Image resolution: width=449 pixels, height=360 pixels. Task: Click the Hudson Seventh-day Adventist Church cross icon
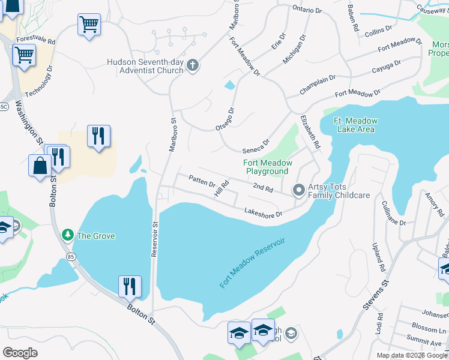pyautogui.click(x=193, y=65)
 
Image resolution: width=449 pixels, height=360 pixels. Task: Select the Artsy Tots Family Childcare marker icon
pyautogui.click(x=298, y=191)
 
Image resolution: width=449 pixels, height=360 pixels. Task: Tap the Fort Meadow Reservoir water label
pyautogui.click(x=252, y=262)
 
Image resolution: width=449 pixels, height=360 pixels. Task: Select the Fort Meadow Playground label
pyautogui.click(x=267, y=167)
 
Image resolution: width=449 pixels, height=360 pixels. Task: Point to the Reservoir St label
pyautogui.click(x=154, y=239)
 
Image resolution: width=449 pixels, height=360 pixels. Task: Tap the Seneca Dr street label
pyautogui.click(x=256, y=146)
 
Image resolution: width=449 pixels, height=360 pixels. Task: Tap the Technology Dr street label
pyautogui.click(x=43, y=80)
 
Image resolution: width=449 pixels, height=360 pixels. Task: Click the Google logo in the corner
pyautogui.click(x=20, y=353)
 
